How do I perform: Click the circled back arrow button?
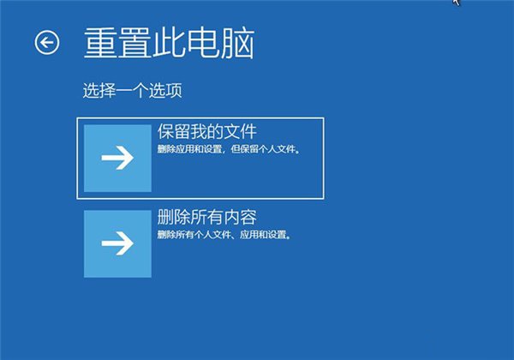click(47, 41)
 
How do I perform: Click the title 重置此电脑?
click(169, 42)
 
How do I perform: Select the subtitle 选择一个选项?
click(133, 89)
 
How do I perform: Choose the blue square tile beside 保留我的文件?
click(117, 158)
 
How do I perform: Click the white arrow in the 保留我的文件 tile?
click(117, 158)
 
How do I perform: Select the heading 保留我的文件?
click(207, 132)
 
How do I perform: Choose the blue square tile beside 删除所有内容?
click(117, 243)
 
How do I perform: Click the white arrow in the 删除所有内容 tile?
click(117, 243)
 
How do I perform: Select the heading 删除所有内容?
click(207, 216)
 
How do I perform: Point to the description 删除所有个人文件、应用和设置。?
click(224, 234)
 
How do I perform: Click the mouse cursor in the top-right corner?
click(457, 3)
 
